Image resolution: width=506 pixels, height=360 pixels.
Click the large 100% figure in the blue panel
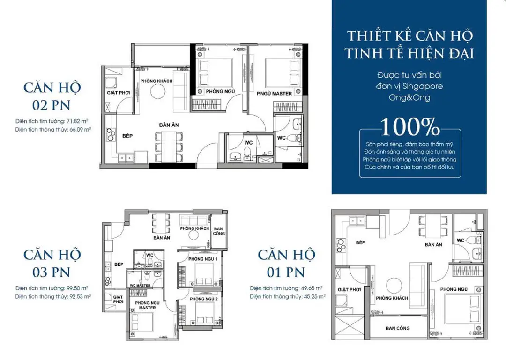click(410, 127)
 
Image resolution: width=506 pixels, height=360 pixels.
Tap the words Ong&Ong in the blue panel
click(409, 97)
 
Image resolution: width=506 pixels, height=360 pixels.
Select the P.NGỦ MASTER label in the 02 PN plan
click(274, 94)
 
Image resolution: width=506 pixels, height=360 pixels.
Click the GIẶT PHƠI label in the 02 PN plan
click(119, 93)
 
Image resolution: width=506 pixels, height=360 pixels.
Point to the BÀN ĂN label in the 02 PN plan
click(169, 125)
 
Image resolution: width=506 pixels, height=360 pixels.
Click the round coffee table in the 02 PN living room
click(158, 92)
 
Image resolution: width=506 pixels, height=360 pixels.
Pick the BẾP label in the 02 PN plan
click(127, 136)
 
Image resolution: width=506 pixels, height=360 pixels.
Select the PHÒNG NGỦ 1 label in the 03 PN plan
click(203, 259)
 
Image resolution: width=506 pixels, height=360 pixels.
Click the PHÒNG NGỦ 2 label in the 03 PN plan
click(204, 299)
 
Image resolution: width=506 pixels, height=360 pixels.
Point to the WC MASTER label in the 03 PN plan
click(140, 286)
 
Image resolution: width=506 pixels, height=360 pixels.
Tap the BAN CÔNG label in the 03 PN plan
click(218, 231)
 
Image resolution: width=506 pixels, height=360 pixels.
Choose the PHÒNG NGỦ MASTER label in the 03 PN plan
click(147, 305)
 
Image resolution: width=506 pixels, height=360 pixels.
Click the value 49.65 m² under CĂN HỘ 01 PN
click(312, 288)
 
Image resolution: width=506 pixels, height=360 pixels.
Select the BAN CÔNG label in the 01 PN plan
click(398, 328)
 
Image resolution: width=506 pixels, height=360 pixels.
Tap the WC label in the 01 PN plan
click(461, 240)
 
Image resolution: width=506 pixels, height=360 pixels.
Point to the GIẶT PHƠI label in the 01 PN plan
click(349, 289)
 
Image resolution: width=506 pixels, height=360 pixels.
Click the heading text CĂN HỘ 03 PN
click(52, 264)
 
